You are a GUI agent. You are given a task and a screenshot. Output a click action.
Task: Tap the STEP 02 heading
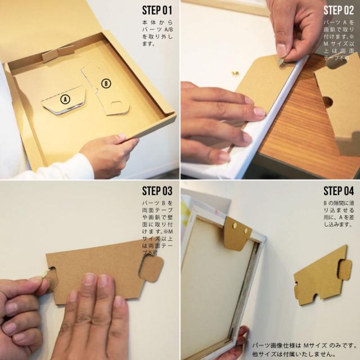coord(339,10)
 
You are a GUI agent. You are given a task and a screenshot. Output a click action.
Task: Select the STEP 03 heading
coord(157,191)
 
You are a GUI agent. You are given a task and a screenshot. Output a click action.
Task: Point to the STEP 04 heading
coord(339,191)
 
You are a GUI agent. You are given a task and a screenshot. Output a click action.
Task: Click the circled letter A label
coord(65,100)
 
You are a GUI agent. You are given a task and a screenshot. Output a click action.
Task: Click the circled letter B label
coord(105,84)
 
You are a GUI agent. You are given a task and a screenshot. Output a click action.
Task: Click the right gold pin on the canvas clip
coord(248,231)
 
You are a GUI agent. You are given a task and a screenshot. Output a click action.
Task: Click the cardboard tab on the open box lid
coord(58,55)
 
